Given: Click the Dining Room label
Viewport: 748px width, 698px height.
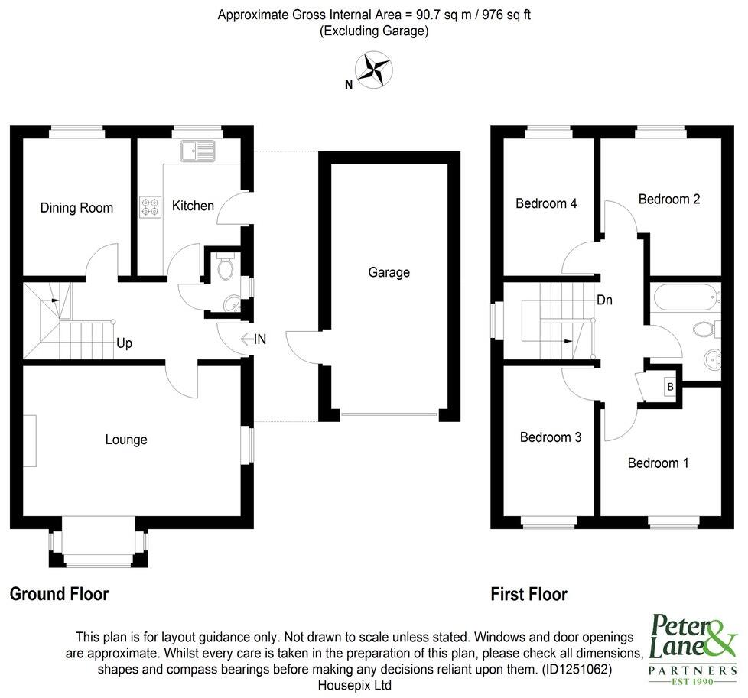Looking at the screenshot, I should pyautogui.click(x=76, y=208).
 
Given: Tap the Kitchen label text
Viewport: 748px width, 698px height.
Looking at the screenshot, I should pyautogui.click(x=193, y=206).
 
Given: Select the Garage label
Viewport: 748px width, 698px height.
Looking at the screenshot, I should pyautogui.click(x=389, y=272).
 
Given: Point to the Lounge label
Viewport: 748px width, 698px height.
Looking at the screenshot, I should pyautogui.click(x=126, y=440).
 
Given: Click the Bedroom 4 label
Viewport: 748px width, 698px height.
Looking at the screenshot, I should pyautogui.click(x=546, y=203).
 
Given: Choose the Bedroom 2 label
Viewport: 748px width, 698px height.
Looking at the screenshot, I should pyautogui.click(x=669, y=199).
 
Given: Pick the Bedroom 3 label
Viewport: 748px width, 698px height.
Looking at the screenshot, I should pyautogui.click(x=551, y=437).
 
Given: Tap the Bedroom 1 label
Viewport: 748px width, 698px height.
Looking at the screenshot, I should pyautogui.click(x=658, y=463).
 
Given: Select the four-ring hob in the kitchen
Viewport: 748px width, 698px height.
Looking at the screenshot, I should pyautogui.click(x=150, y=206).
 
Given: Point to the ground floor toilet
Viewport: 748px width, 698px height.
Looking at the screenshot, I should pyautogui.click(x=226, y=268).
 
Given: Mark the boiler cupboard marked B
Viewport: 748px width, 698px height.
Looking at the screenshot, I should pyautogui.click(x=671, y=387).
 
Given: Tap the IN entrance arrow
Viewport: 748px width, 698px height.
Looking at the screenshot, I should pyautogui.click(x=253, y=339).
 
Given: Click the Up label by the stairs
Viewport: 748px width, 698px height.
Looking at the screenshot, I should pyautogui.click(x=124, y=343).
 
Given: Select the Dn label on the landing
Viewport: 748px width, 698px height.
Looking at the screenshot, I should pyautogui.click(x=604, y=300).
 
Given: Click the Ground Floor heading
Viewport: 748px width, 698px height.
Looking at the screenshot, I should pyautogui.click(x=59, y=594).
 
